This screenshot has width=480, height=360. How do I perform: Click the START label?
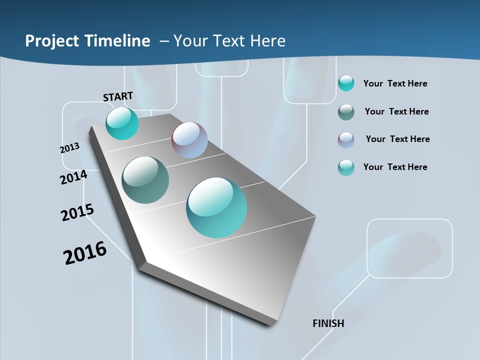118,96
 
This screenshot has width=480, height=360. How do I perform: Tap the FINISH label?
328,323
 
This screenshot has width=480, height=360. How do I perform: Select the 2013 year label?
69,148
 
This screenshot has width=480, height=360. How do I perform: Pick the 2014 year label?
73,177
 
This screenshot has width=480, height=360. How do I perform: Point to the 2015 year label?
77,212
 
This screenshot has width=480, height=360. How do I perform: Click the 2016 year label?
85,253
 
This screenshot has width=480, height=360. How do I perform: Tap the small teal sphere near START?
122,123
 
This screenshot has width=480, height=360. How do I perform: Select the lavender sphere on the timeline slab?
189,140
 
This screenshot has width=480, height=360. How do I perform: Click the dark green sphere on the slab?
145,180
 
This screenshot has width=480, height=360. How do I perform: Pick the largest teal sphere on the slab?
216,207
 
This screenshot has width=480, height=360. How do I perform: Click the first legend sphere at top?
346,83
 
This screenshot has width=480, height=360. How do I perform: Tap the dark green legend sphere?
346,112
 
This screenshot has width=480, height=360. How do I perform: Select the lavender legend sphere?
346,140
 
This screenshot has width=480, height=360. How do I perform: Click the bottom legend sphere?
346,167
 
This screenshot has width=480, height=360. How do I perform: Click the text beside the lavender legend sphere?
397,139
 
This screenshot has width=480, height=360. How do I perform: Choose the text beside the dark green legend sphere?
396,111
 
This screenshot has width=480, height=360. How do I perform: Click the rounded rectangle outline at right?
409,248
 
